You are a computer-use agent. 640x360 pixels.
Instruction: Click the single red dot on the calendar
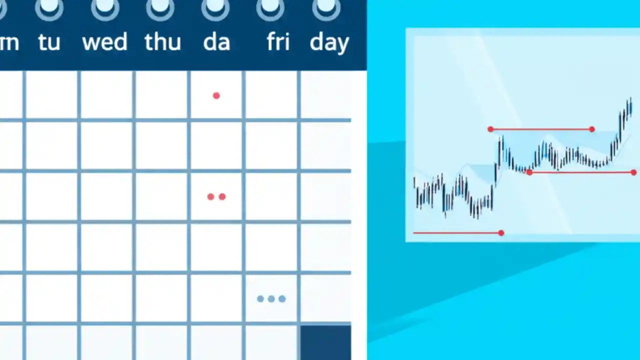216,95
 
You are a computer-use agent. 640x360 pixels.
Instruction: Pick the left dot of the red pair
210,197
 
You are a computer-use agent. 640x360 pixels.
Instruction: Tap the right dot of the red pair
222,197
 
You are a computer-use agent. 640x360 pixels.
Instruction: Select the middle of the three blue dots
271,299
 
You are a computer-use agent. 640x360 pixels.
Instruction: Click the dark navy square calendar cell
325,342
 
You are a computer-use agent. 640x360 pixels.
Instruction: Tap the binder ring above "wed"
104,7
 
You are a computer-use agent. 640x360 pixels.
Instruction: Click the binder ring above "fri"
270,7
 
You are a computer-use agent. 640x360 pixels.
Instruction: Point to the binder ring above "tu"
49,7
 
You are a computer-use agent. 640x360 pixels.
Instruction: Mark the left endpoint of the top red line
490,129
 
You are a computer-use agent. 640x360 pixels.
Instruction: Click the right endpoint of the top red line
592,129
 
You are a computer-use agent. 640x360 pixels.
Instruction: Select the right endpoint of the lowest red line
501,233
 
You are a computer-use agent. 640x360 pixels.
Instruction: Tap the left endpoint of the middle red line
529,172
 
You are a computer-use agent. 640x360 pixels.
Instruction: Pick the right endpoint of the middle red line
633,172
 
